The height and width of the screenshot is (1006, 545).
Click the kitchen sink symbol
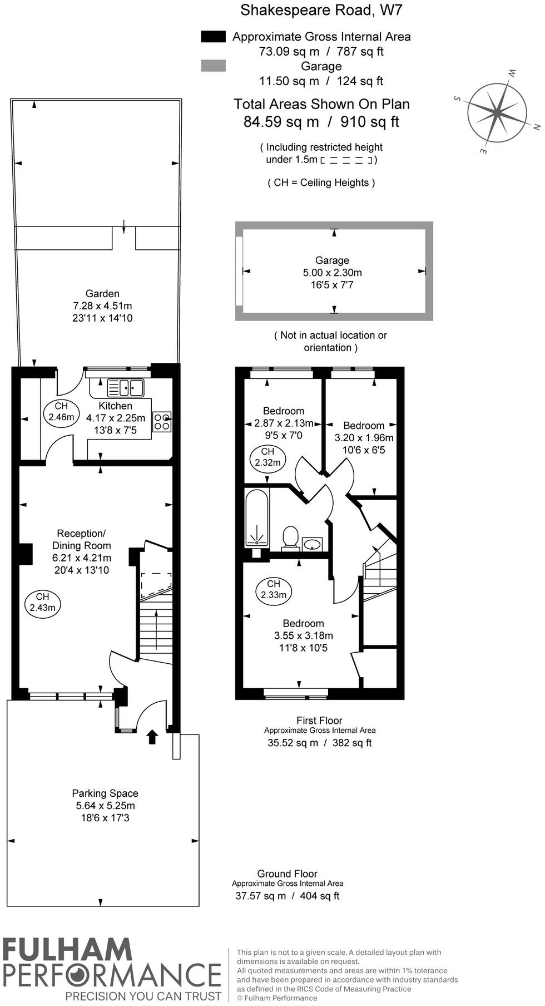[x=126, y=387]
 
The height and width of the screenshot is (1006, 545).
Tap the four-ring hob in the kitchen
[x=162, y=421]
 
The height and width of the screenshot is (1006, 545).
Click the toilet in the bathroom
[x=290, y=537]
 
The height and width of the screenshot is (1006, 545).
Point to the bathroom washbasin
[x=313, y=543]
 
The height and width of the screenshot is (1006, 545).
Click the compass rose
[x=497, y=112]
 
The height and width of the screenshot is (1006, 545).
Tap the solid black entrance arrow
[x=152, y=737]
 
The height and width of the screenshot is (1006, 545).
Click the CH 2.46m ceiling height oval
[x=61, y=413]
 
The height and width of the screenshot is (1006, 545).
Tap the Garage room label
[x=332, y=260]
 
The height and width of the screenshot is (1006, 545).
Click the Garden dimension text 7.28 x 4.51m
[x=102, y=306]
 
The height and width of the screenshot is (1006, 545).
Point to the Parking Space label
[x=105, y=793]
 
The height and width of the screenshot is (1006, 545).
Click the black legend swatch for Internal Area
[x=213, y=37]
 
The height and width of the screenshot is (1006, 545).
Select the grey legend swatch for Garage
[x=213, y=66]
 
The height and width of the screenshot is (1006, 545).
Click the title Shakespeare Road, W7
[x=321, y=10]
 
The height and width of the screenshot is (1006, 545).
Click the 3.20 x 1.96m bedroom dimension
[x=364, y=438]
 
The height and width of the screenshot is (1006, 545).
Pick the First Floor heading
[x=319, y=721]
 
